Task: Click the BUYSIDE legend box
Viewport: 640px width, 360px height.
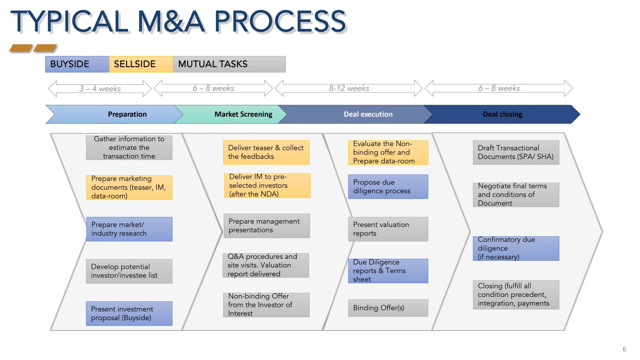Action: pyautogui.click(x=77, y=64)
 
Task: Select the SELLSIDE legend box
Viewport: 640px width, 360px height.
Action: pyautogui.click(x=141, y=64)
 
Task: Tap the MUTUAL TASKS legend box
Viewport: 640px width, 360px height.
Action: pyautogui.click(x=229, y=64)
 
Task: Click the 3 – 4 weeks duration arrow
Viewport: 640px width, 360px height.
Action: pyautogui.click(x=100, y=88)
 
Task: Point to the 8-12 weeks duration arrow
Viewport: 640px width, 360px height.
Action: pyautogui.click(x=349, y=88)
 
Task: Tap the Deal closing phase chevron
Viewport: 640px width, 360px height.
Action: pyautogui.click(x=502, y=114)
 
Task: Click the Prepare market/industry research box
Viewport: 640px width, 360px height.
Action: pyautogui.click(x=129, y=229)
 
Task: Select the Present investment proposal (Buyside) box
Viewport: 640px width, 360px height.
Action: pyautogui.click(x=129, y=313)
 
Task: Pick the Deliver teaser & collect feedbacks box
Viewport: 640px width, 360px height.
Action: pyautogui.click(x=266, y=152)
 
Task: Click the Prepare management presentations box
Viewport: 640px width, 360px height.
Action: pyautogui.click(x=266, y=226)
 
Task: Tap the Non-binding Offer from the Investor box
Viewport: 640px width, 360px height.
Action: pyautogui.click(x=266, y=305)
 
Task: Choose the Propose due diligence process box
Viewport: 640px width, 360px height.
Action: pyautogui.click(x=388, y=186)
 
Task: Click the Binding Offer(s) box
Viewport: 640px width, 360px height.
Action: pyautogui.click(x=388, y=308)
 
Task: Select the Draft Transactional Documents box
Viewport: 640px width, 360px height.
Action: pyautogui.click(x=516, y=152)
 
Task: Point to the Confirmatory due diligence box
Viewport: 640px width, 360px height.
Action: pyautogui.click(x=516, y=248)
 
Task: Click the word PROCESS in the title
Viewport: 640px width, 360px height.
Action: pyautogui.click(x=280, y=22)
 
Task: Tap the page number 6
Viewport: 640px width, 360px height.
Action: pyautogui.click(x=624, y=349)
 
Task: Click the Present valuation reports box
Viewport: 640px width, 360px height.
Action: pyautogui.click(x=388, y=229)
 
